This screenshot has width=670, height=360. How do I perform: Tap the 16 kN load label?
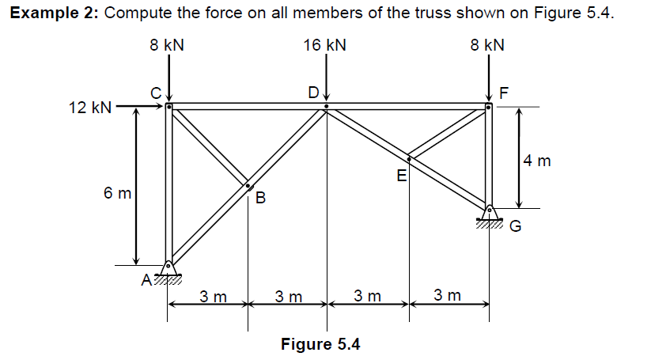(324, 45)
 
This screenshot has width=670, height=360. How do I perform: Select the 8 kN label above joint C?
(167, 45)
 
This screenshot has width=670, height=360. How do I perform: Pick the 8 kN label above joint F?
(487, 45)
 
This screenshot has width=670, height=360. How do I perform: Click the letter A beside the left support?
(146, 279)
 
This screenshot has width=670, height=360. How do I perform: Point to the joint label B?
(261, 197)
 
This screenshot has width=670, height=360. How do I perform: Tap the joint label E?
(401, 175)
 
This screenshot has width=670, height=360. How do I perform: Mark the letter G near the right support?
(515, 227)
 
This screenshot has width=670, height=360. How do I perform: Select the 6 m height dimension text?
(117, 192)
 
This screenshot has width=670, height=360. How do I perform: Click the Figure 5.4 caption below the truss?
(321, 344)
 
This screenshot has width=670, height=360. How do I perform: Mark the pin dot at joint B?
(248, 187)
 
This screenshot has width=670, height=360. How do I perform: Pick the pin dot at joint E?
(409, 157)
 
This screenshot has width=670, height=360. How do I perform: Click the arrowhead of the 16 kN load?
(326, 100)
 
